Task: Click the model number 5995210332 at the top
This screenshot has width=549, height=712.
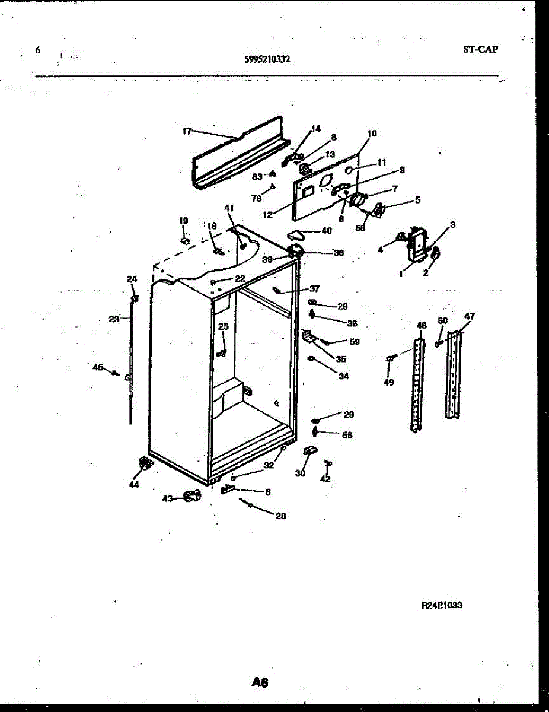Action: tap(267, 59)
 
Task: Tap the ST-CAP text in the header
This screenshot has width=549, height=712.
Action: tap(480, 49)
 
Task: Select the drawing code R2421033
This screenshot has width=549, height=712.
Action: tap(442, 605)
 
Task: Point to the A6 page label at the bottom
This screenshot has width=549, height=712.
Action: tap(260, 683)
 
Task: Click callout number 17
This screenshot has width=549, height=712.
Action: tap(187, 131)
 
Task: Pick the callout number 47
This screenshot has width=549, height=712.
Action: tap(469, 316)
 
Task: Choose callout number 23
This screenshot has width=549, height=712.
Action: tap(114, 319)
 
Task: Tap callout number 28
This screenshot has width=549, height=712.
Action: tap(280, 516)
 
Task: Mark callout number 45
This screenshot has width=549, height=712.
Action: tap(98, 367)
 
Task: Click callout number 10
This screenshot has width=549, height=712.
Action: tap(372, 133)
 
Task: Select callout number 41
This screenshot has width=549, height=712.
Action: tap(229, 208)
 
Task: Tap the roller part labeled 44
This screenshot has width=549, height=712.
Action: tap(143, 465)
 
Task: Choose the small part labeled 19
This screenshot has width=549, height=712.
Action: tap(184, 240)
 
